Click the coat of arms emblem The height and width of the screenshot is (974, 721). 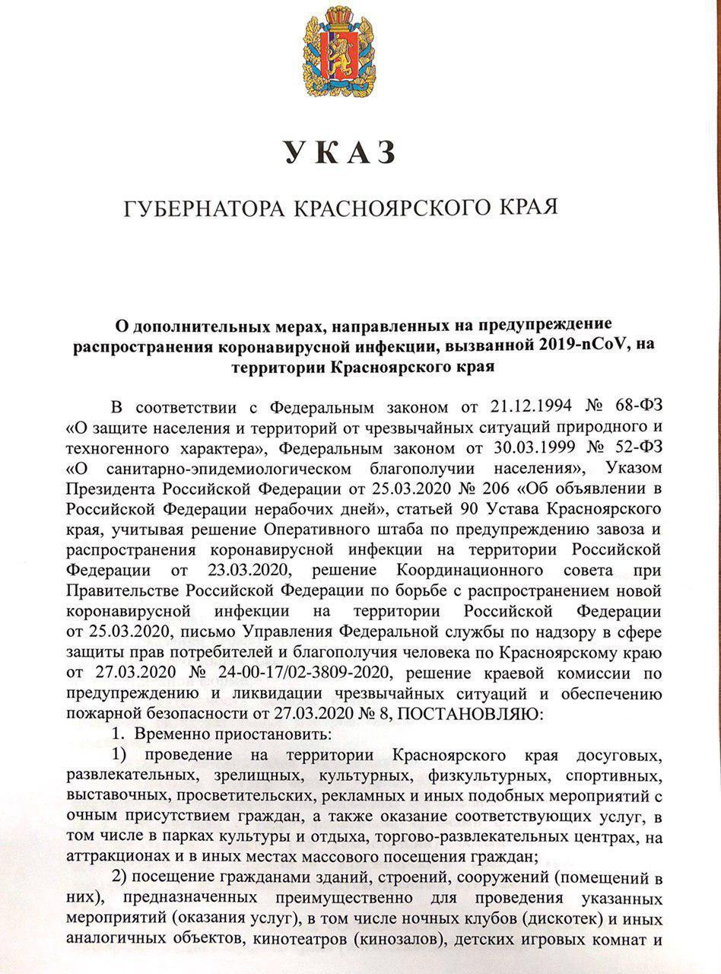tap(339, 53)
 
